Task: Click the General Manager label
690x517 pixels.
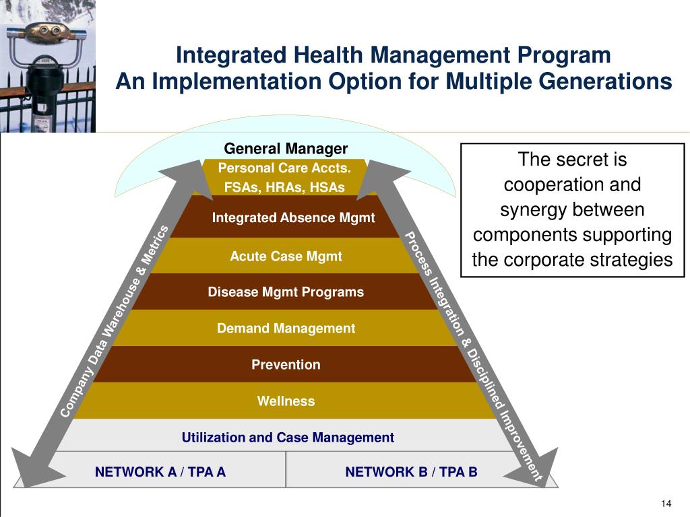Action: [286, 149]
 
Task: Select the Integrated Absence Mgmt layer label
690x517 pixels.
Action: [293, 218]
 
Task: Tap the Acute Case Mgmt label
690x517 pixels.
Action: [286, 256]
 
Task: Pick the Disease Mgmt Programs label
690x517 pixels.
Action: [286, 292]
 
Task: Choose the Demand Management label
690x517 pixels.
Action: [286, 329]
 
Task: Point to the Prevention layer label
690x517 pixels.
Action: [286, 365]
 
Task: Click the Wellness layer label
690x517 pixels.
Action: [286, 401]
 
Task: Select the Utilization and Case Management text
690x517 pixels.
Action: [288, 438]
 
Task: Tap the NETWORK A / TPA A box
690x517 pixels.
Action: [160, 472]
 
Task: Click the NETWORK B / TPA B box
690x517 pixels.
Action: [411, 472]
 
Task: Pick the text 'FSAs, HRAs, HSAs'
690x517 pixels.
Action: [284, 187]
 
